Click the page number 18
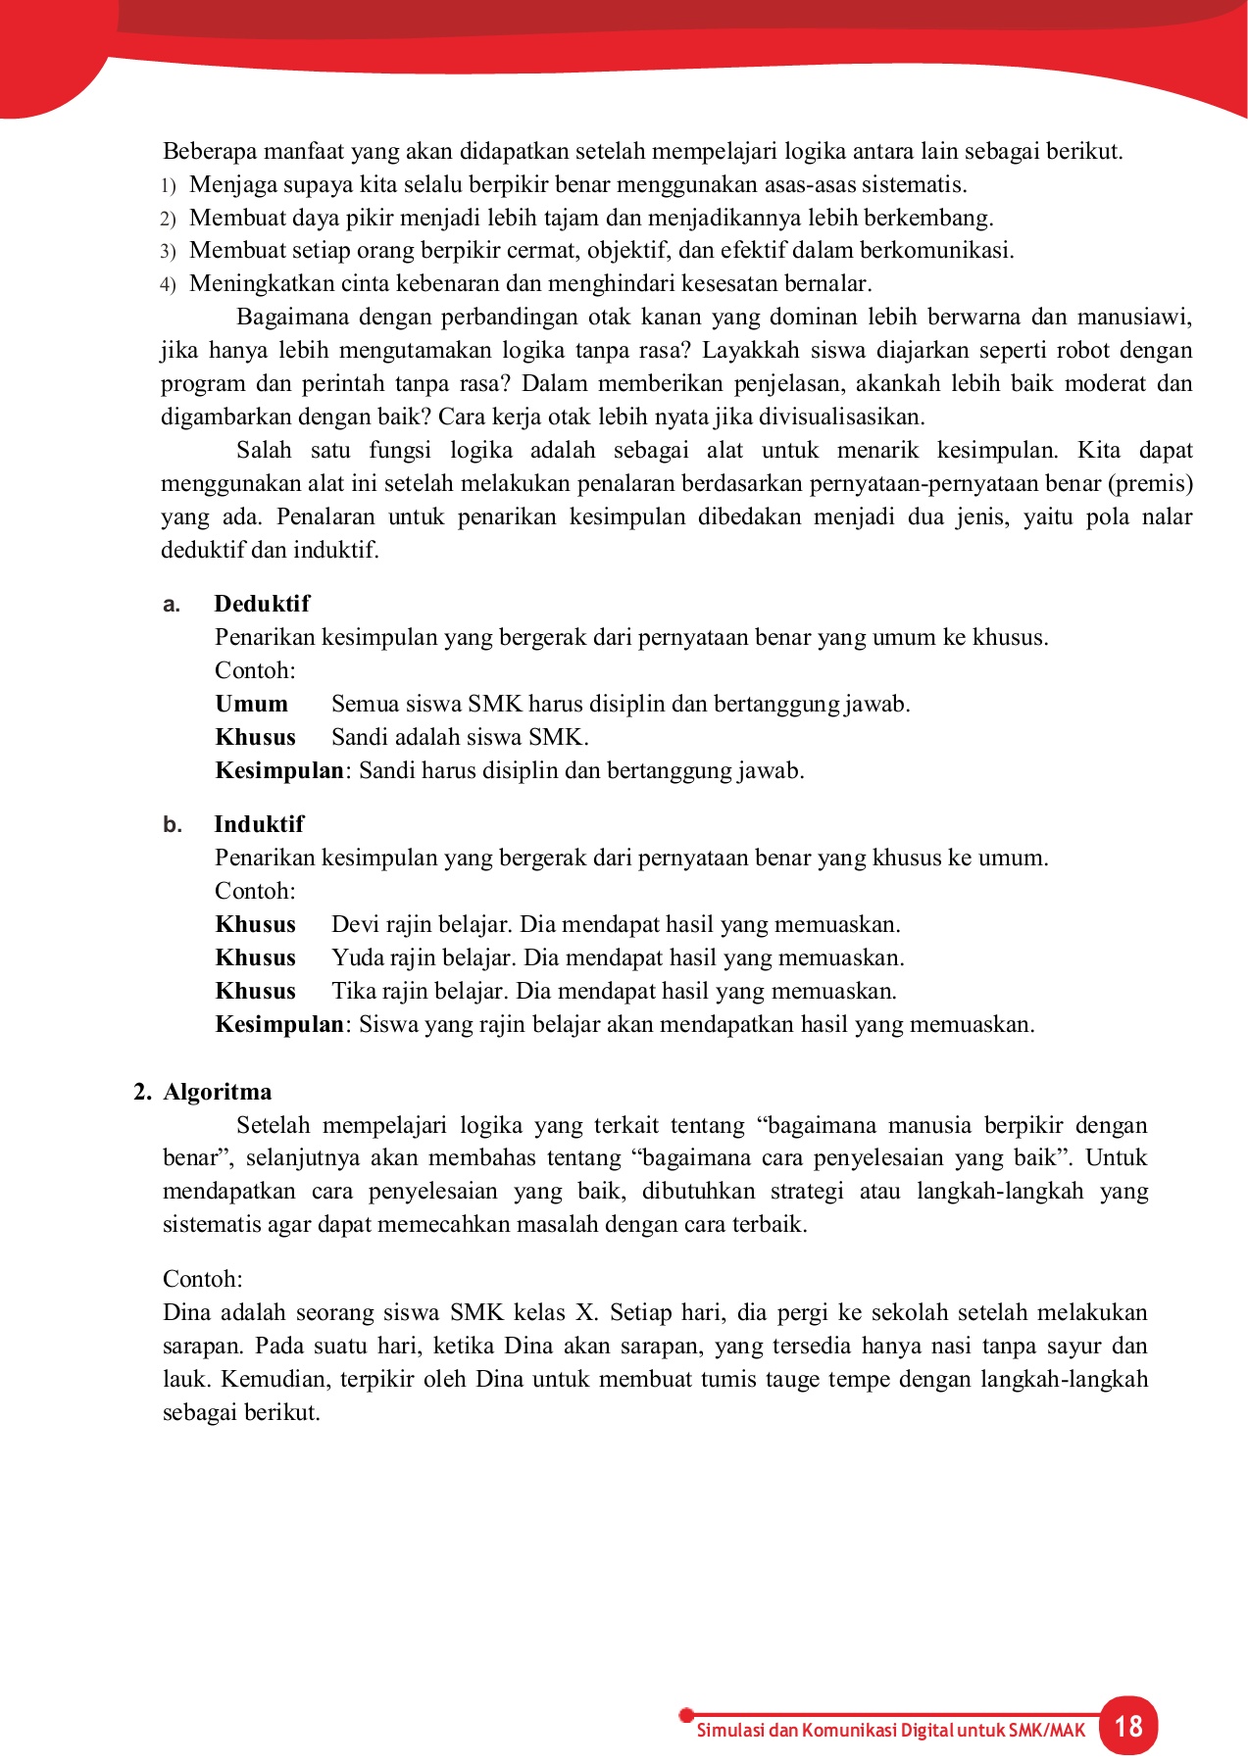[1128, 1726]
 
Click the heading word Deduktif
[262, 604]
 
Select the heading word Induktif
[259, 824]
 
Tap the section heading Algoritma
[218, 1092]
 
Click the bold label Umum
[252, 704]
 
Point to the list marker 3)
[168, 252]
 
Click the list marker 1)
[168, 186]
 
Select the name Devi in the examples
[354, 924]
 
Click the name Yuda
[358, 957]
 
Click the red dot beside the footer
[686, 1715]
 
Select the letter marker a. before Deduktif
[172, 605]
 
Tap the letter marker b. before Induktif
[173, 825]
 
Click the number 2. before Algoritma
[142, 1092]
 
